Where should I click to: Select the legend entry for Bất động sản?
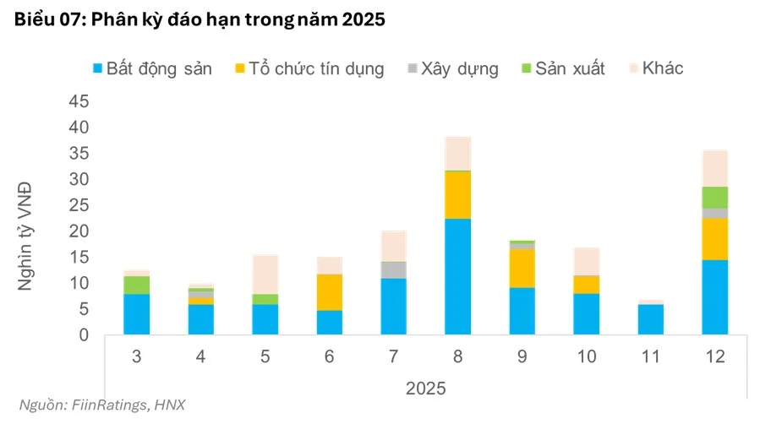(x=153, y=69)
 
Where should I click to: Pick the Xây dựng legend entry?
(x=451, y=69)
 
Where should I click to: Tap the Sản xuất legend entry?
(x=562, y=69)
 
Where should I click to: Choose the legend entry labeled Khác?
(x=660, y=69)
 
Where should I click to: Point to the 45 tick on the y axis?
(x=78, y=101)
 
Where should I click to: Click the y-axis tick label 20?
(x=78, y=231)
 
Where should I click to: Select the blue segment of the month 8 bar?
(x=457, y=276)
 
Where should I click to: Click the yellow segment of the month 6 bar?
(x=329, y=292)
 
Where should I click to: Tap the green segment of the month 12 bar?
(x=714, y=197)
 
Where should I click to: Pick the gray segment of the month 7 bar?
(x=393, y=269)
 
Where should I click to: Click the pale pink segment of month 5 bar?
(x=265, y=275)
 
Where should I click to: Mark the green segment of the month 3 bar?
(x=136, y=285)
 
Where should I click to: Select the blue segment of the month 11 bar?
(x=650, y=319)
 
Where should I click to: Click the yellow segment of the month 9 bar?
(x=522, y=268)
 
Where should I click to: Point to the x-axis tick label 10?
(x=586, y=357)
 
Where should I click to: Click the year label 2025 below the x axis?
(x=426, y=389)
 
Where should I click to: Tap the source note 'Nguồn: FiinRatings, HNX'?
(x=101, y=405)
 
